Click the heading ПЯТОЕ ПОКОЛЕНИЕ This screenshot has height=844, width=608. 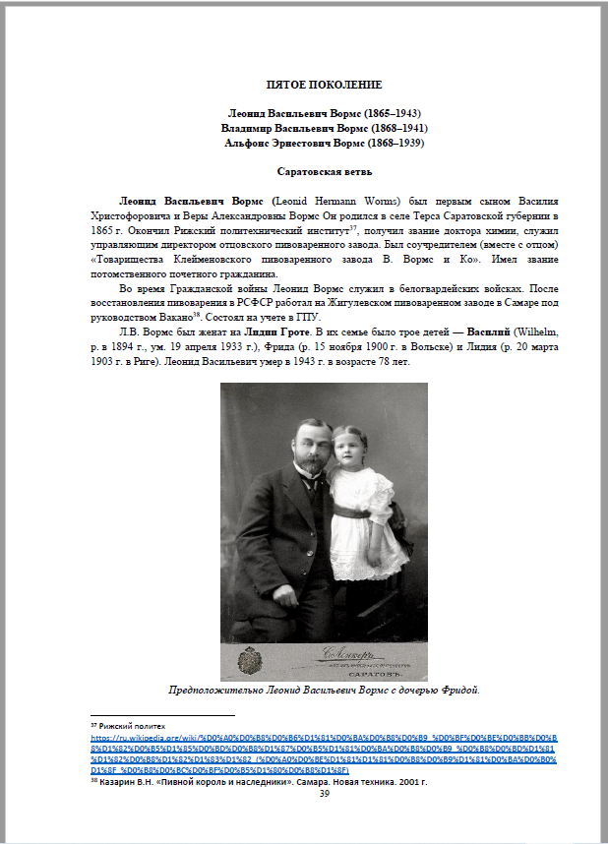(x=324, y=86)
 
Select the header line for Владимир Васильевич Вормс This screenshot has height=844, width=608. (x=324, y=128)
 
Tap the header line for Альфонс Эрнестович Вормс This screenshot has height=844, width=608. (x=324, y=144)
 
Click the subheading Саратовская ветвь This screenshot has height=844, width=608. (x=324, y=171)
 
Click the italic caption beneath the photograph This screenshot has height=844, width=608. (x=324, y=690)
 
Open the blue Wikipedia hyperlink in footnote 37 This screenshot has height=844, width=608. (x=324, y=746)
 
